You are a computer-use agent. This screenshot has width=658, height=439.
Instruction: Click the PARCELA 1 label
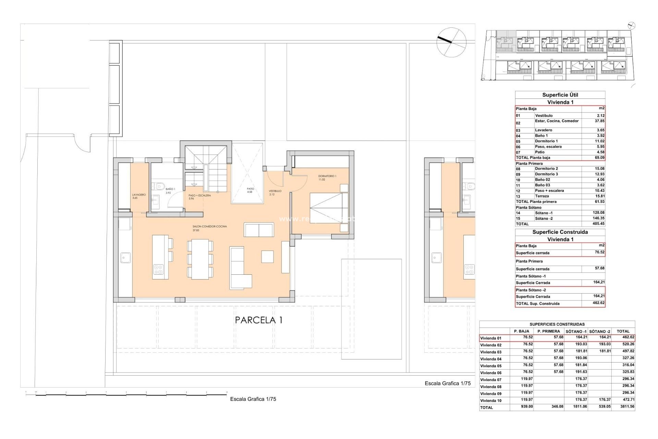(x=259, y=320)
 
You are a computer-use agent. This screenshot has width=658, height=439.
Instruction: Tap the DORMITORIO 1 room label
(x=327, y=176)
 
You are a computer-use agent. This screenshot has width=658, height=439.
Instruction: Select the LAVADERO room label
(x=139, y=195)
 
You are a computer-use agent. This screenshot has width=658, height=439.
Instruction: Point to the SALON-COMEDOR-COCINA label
(x=209, y=227)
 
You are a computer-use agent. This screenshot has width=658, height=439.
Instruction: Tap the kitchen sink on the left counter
(x=125, y=258)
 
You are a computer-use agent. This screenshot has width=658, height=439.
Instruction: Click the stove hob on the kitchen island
(x=158, y=269)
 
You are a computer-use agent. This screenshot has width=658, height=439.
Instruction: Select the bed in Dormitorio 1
(x=328, y=208)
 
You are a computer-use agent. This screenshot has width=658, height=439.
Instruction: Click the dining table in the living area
(x=200, y=259)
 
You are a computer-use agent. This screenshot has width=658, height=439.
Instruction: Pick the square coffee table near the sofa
(x=267, y=257)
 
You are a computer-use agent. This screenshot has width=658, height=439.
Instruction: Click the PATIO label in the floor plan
(x=251, y=189)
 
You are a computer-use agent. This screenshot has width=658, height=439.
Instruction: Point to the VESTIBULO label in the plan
(x=275, y=191)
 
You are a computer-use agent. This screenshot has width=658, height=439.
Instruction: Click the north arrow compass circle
(x=451, y=42)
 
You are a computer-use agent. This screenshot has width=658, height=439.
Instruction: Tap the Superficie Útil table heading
(x=560, y=95)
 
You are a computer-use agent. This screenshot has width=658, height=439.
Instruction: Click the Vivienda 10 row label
(x=491, y=401)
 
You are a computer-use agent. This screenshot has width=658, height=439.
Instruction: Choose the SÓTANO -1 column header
(x=576, y=331)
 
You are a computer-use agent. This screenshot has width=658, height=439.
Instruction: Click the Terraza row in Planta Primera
(x=542, y=196)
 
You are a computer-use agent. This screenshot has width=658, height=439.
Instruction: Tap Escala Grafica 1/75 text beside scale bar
(x=253, y=399)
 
